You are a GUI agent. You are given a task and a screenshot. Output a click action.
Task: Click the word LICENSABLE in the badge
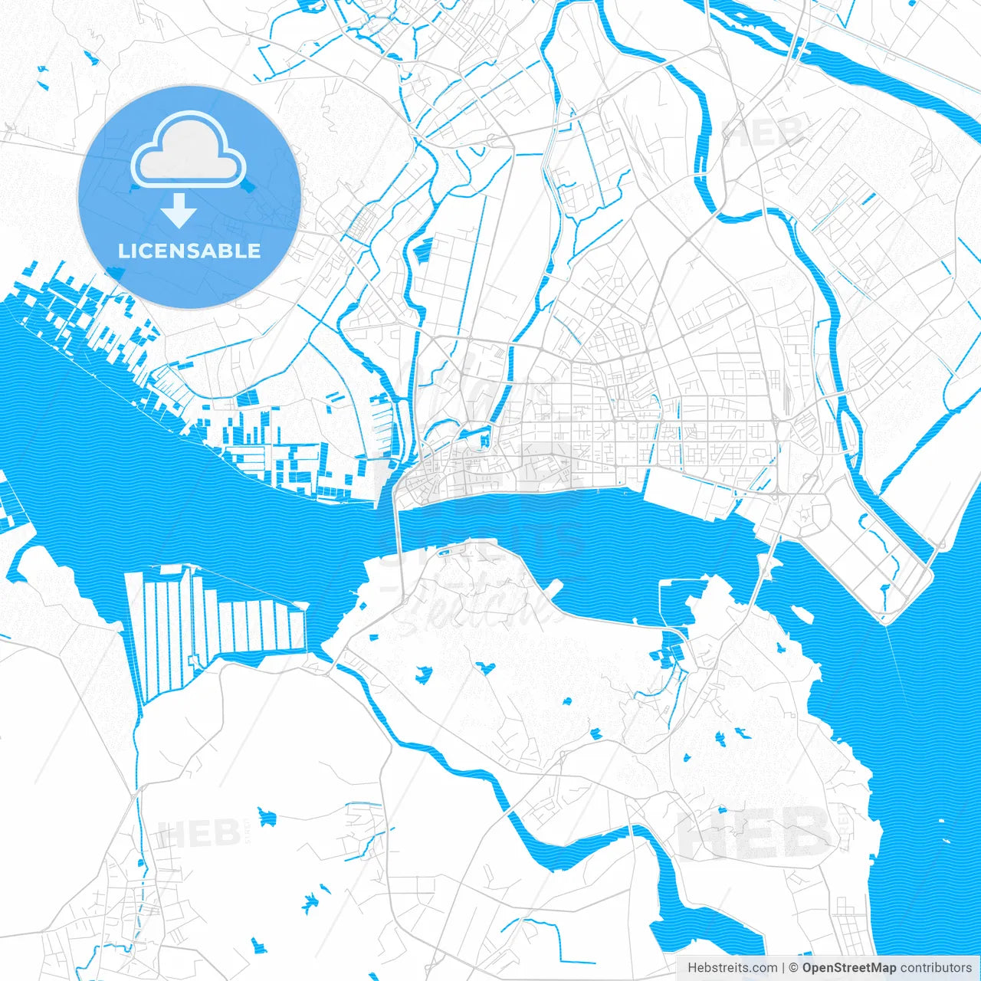pyautogui.click(x=189, y=251)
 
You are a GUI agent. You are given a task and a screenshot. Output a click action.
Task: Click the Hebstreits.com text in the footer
pyautogui.click(x=732, y=968)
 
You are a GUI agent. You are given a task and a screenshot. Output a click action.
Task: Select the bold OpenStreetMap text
pyautogui.click(x=848, y=968)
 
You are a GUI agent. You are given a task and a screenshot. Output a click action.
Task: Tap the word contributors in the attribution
pyautogui.click(x=936, y=968)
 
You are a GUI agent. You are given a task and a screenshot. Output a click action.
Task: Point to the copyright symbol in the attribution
pyautogui.click(x=794, y=968)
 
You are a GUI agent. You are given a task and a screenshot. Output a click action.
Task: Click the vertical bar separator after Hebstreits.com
pyautogui.click(x=783, y=968)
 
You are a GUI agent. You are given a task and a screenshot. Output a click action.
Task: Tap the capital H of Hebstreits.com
pyautogui.click(x=692, y=968)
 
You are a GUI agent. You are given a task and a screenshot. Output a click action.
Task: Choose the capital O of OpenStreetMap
pyautogui.click(x=808, y=968)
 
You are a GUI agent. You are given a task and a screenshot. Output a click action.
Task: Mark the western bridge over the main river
pyautogui.click(x=397, y=536)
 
